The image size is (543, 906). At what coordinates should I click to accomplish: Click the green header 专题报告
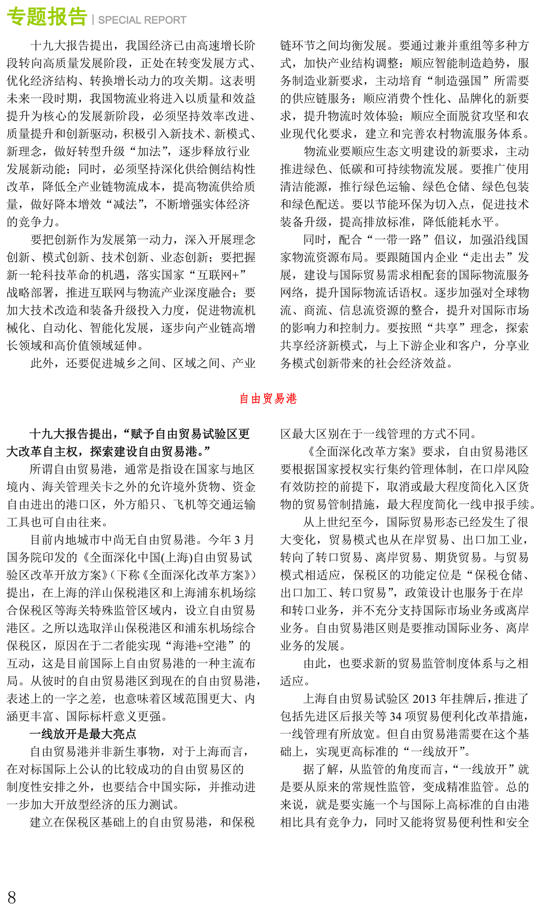pos(47,17)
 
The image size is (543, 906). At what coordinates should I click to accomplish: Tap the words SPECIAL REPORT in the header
pos(142,20)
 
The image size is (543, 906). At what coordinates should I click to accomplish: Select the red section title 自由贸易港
pos(268,399)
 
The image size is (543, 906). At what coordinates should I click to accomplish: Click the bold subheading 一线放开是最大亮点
pos(83,734)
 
